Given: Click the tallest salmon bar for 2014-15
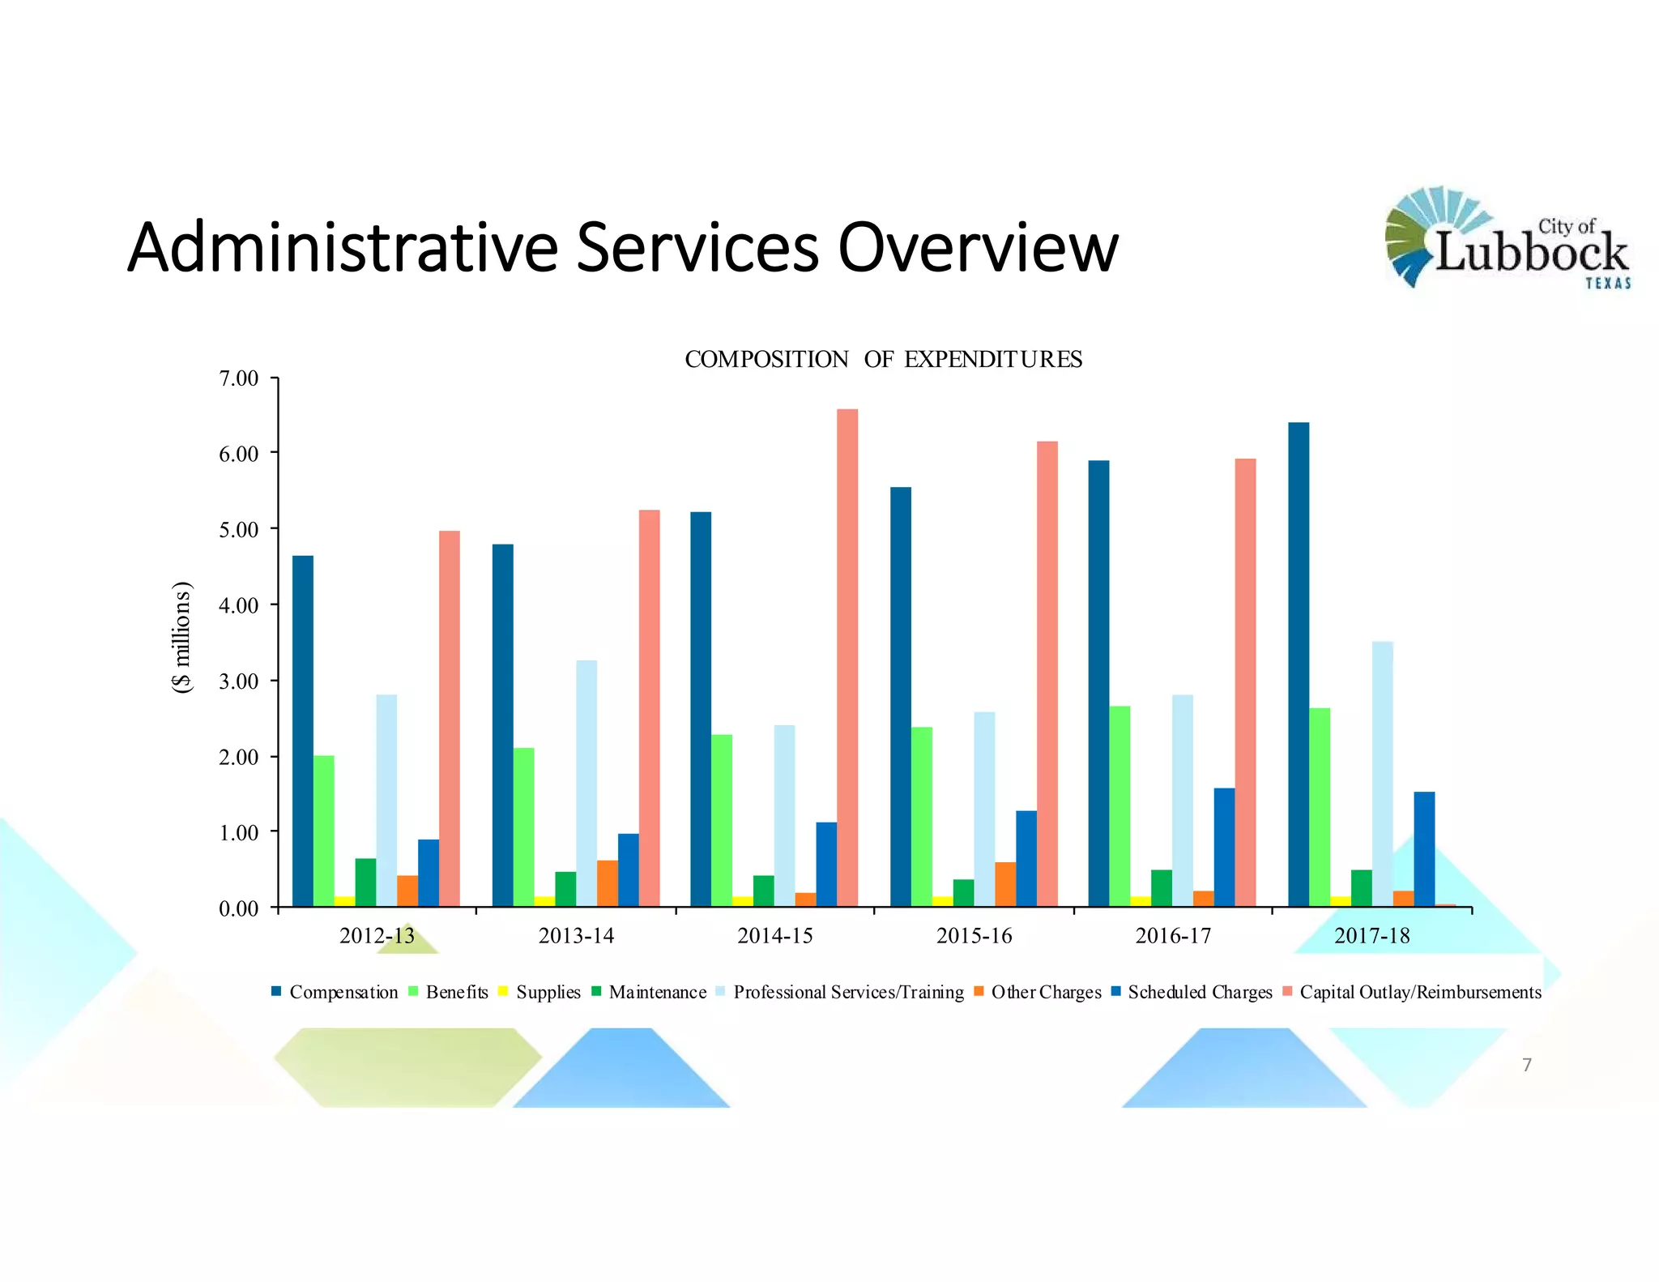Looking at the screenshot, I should pos(847,656).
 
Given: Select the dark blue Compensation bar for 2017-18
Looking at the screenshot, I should pos(1298,665).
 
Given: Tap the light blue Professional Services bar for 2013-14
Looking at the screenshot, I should pos(586,782).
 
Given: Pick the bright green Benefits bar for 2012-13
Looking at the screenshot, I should pos(323,831).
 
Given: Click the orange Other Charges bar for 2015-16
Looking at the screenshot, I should pos(1004,884).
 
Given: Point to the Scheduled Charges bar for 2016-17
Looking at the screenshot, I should pos(1223,847).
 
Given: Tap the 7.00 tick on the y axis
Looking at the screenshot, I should pos(239,378).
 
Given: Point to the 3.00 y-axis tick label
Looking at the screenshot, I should pos(239,682).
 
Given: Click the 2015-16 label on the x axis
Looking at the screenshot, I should pos(974,936).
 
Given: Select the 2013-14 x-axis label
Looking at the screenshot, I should pos(576,936).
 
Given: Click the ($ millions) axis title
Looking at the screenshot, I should pos(182,637).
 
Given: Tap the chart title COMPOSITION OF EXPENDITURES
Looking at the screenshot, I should pos(883,359).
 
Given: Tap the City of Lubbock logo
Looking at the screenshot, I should pos(1507,237).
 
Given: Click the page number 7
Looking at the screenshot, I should pos(1526,1065).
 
